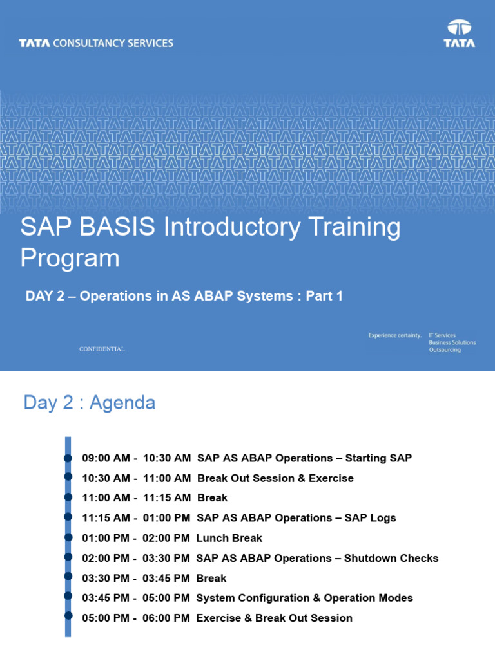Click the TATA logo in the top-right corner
pos(460,34)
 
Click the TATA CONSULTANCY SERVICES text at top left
pos(96,43)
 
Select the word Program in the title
pos(70,258)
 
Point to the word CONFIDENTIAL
pos(102,349)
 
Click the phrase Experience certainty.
pos(394,335)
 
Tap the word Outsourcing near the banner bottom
pos(445,350)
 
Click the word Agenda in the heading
pos(122,403)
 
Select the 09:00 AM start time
pos(106,458)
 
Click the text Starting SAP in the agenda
pos(378,458)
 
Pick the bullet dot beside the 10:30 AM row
pos(68,478)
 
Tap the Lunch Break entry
pos(229,538)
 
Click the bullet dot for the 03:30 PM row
pos(68,577)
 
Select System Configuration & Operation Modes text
pos(304,598)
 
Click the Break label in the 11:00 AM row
pos(212,498)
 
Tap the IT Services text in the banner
pos(442,335)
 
